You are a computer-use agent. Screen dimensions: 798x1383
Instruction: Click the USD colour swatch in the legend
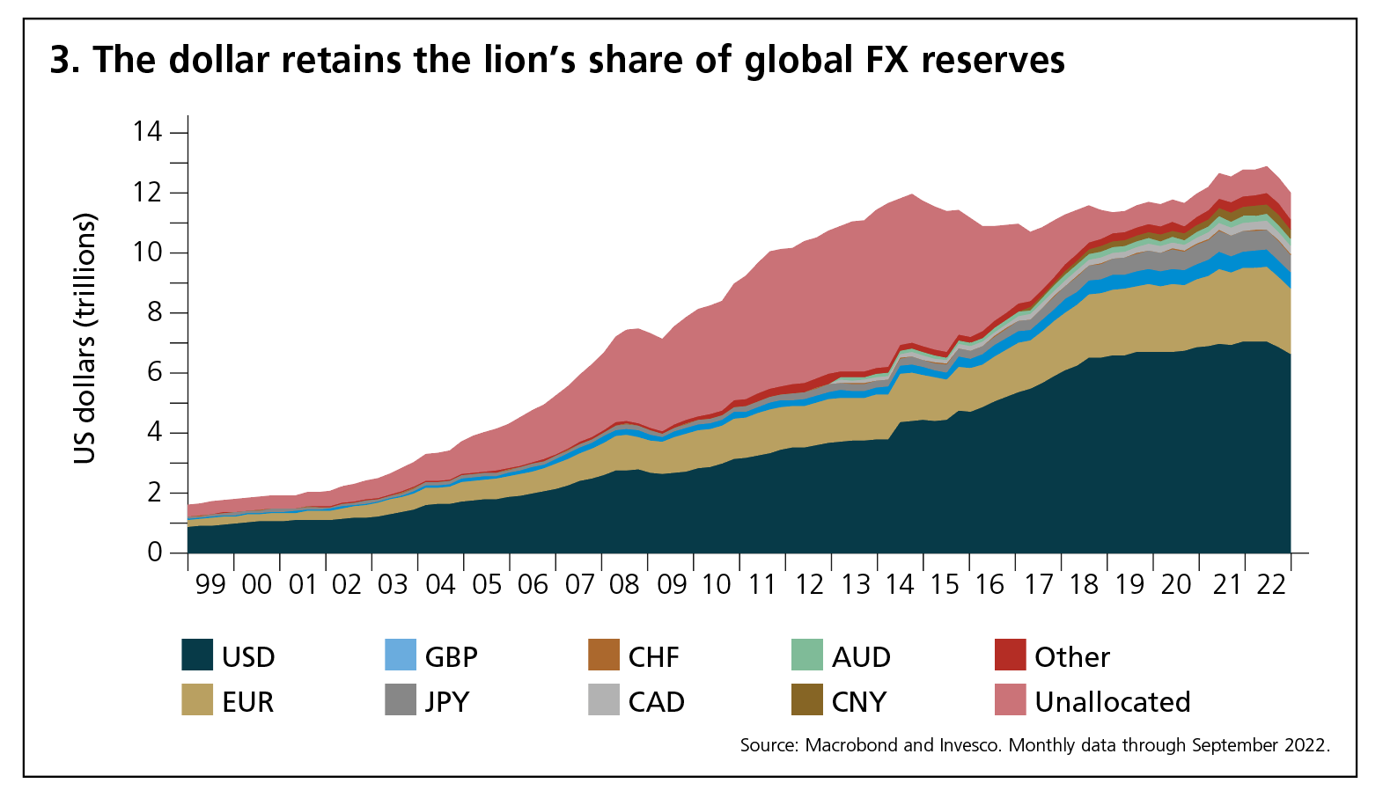tap(197, 655)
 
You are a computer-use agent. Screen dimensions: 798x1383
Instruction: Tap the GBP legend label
tap(451, 657)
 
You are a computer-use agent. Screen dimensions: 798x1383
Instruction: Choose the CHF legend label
tap(653, 657)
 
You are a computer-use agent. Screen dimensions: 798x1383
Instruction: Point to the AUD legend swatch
tap(807, 655)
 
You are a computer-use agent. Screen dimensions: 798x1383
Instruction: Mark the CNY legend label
tap(858, 702)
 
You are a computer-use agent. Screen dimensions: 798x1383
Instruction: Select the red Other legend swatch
tap(1010, 655)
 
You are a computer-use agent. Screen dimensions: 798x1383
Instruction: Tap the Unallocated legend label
tap(1112, 702)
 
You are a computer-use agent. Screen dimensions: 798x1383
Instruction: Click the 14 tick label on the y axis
tap(148, 132)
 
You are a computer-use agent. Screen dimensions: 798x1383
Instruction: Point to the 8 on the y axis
tap(155, 312)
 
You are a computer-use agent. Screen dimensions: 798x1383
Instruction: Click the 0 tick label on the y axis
tap(155, 553)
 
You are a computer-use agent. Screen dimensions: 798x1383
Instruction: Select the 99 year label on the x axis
tap(211, 584)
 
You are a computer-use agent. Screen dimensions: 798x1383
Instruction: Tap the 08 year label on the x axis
tap(624, 584)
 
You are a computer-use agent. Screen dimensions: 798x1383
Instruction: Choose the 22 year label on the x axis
tap(1271, 584)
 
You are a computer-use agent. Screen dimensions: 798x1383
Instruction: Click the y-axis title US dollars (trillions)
tap(85, 339)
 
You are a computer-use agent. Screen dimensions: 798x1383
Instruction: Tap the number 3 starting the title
tap(60, 60)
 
